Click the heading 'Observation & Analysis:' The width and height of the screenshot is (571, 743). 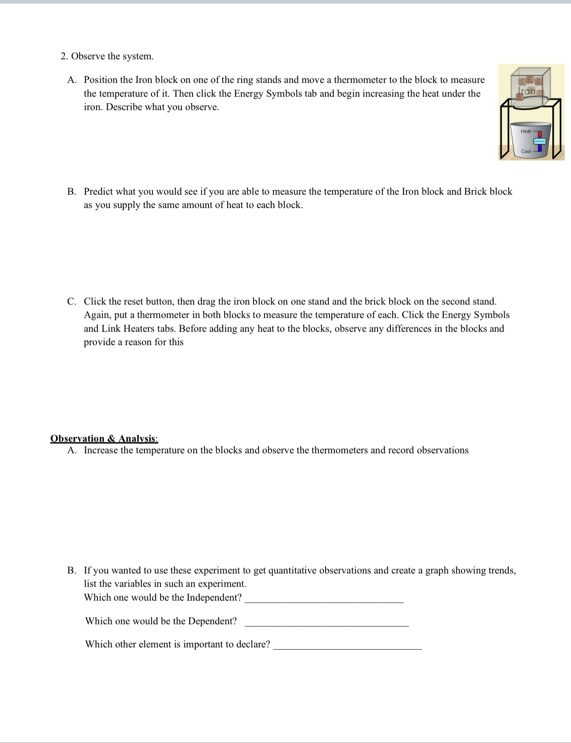coord(104,439)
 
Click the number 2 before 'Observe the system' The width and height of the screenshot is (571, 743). coord(64,56)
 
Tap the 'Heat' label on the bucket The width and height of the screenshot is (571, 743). coord(526,131)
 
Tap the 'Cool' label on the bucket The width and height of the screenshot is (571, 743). coord(526,152)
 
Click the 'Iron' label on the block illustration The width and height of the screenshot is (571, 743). coord(527,91)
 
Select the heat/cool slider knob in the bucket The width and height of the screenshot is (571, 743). coord(539,141)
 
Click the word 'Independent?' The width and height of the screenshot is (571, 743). coord(214,598)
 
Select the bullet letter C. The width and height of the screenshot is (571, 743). coord(72,302)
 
